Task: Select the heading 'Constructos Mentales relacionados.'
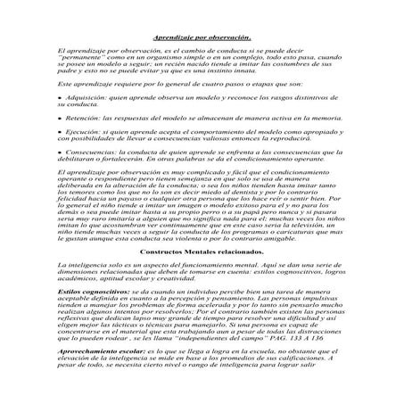(x=202, y=251)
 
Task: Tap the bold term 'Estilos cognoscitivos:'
(x=88, y=290)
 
